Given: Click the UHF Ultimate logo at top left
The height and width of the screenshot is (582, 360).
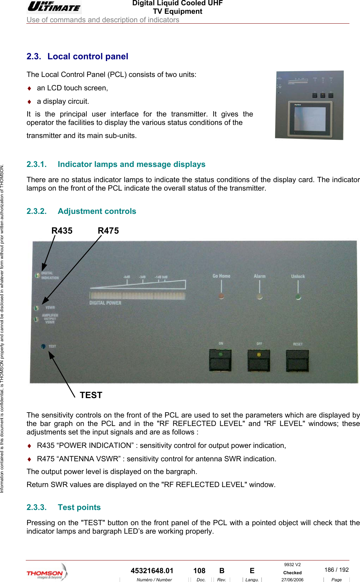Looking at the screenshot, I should [54, 7].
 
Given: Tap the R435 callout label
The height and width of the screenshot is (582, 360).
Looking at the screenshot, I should [62, 231].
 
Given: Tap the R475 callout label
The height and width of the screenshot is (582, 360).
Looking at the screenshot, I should [108, 231].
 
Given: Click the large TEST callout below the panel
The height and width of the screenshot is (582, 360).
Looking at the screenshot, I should [91, 395].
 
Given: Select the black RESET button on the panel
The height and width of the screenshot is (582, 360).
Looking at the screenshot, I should [297, 360].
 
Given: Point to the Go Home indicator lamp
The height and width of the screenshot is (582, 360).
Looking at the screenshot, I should [221, 296].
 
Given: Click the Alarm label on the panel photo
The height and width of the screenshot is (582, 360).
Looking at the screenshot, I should [259, 276].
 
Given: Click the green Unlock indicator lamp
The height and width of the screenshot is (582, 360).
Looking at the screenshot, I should [298, 296].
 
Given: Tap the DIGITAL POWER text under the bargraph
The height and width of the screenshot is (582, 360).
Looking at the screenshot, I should [105, 303].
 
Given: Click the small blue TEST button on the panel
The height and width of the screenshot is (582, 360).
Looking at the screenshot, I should [43, 346].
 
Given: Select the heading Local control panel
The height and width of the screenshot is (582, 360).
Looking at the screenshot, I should [88, 56].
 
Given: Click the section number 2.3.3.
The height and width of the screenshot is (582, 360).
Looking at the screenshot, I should [36, 507].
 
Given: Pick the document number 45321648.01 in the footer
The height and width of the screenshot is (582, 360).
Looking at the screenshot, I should [152, 571].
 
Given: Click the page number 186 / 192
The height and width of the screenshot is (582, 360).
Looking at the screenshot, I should [336, 570].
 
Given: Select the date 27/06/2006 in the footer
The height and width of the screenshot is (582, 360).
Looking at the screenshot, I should [292, 580].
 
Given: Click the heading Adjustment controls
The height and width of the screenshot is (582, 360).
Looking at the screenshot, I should [97, 211].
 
